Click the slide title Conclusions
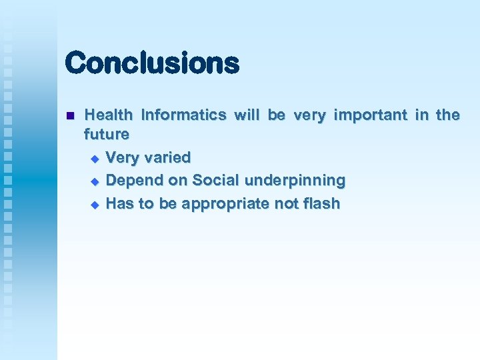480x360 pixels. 152,63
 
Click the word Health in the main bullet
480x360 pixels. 109,115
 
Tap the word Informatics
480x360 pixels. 183,115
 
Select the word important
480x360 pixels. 370,115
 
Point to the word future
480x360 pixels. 107,134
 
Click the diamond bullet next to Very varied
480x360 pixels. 94,159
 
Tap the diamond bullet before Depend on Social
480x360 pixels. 94,181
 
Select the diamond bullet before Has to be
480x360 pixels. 94,204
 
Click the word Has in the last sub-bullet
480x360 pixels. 120,203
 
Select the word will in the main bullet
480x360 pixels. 247,115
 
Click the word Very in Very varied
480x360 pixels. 121,158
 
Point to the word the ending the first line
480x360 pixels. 447,115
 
